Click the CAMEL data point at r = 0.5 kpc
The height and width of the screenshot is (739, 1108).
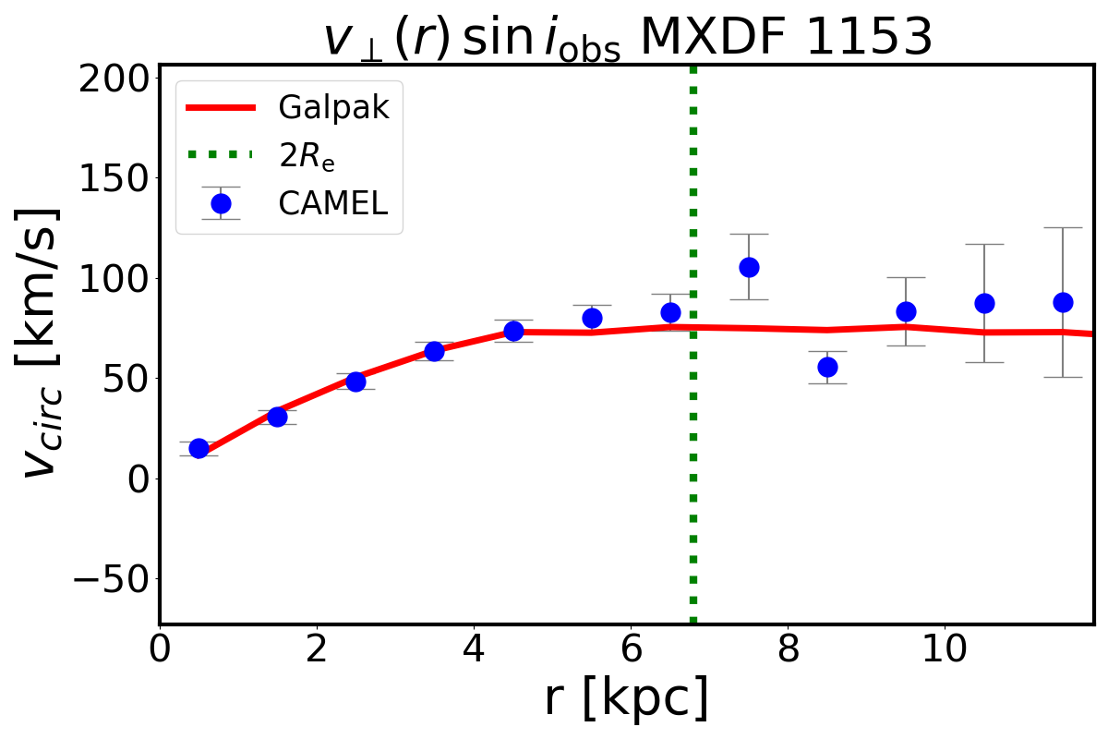[x=199, y=448]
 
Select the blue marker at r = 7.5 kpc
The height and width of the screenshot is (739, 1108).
[x=749, y=267]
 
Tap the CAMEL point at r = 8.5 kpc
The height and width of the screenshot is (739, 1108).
[x=827, y=367]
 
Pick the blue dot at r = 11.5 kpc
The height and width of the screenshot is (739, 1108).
[x=1063, y=302]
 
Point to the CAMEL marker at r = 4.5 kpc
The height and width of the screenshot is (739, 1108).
[x=513, y=331]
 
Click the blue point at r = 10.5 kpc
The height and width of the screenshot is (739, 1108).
[x=984, y=303]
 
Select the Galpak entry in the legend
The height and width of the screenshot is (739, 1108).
[x=333, y=108]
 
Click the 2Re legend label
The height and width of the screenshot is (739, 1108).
[x=307, y=156]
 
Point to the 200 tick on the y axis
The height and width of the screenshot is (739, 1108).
[x=114, y=79]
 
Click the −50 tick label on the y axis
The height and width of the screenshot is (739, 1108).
[x=103, y=579]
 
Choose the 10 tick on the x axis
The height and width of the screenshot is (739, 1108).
[x=945, y=650]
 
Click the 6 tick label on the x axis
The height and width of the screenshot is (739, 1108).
[x=631, y=650]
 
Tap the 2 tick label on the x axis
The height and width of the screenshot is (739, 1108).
[x=317, y=650]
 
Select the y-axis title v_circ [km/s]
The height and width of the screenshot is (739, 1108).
[x=43, y=342]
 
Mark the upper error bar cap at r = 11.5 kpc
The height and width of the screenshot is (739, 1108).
[x=1063, y=227]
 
